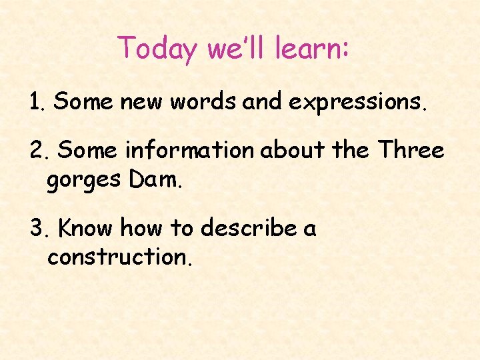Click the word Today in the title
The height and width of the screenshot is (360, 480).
pos(157,49)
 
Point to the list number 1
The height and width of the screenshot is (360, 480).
pos(35,102)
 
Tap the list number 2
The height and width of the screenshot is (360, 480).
pos(37,151)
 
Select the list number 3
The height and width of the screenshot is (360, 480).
pos(37,229)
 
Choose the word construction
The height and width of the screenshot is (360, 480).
pos(120,257)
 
